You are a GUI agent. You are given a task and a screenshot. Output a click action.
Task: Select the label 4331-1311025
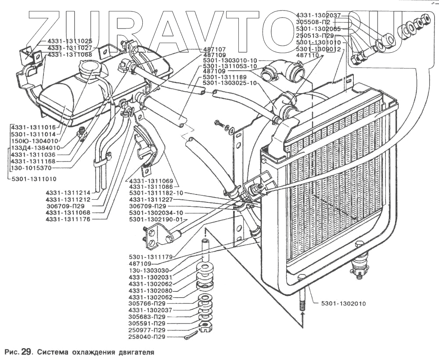click(x=69, y=41)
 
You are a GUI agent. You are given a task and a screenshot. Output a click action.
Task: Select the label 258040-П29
click(x=147, y=337)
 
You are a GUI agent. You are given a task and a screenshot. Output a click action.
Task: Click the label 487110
click(x=307, y=56)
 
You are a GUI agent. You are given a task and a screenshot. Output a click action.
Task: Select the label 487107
click(x=215, y=49)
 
